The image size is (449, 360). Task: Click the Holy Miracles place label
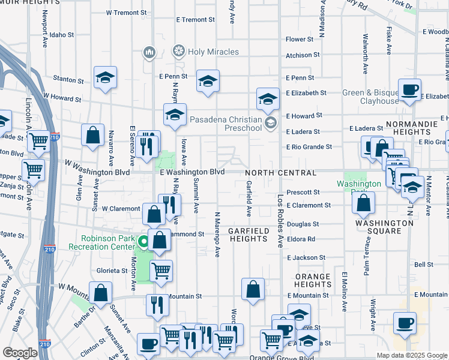click(x=213, y=52)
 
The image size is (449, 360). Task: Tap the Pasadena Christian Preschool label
click(x=227, y=124)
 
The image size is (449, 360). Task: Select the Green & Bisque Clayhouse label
click(x=371, y=97)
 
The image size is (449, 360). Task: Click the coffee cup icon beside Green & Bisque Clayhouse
click(x=410, y=90)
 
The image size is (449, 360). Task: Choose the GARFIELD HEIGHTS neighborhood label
click(x=247, y=235)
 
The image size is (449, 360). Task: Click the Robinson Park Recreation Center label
click(x=101, y=242)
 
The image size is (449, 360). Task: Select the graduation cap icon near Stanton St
click(x=105, y=77)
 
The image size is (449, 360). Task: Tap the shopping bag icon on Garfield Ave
click(x=253, y=289)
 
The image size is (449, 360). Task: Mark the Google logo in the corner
click(x=20, y=353)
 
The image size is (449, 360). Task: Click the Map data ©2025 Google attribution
click(x=411, y=355)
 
